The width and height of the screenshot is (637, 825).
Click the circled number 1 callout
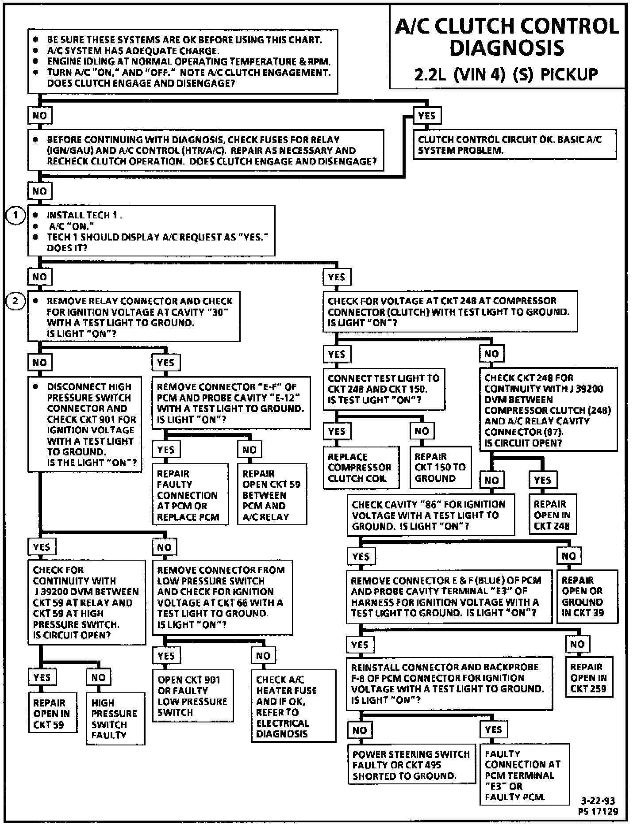[x=16, y=216]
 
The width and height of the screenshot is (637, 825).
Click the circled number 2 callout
[x=16, y=302]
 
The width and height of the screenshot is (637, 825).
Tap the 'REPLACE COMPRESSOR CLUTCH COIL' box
[x=361, y=467]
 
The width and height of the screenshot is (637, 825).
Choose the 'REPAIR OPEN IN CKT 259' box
[x=588, y=678]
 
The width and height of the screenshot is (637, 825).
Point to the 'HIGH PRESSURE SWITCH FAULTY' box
[x=115, y=719]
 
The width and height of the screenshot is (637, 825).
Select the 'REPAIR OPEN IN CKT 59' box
[x=52, y=714]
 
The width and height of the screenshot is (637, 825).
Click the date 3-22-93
[x=598, y=801]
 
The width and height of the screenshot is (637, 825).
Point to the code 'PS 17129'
[x=598, y=812]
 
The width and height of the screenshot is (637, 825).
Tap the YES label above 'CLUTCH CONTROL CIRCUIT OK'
[x=427, y=116]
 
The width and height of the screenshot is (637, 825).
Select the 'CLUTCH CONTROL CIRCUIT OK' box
[x=514, y=145]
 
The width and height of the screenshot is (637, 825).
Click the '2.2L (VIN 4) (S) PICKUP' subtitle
[x=506, y=74]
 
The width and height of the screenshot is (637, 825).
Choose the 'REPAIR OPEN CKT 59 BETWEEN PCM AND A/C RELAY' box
[x=272, y=495]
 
